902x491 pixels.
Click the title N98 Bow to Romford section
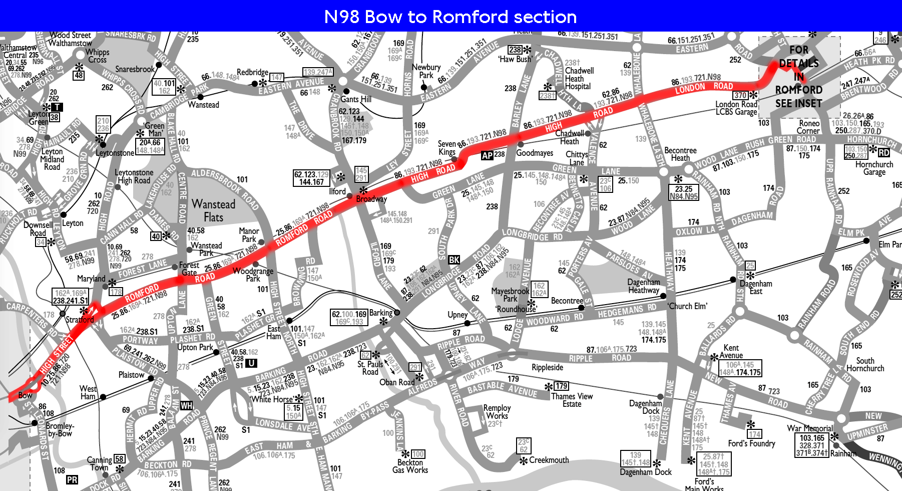[x=450, y=17]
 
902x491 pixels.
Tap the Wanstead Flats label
[x=213, y=210]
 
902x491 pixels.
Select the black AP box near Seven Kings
[x=487, y=156]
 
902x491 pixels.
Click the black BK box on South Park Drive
[x=454, y=260]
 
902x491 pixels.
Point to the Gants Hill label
[x=356, y=99]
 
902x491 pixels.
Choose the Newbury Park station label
[x=426, y=71]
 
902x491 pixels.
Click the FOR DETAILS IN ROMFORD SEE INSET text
[x=798, y=77]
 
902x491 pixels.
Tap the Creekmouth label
[x=549, y=460]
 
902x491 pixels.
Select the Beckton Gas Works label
[x=410, y=466]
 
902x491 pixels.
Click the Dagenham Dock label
[x=646, y=472]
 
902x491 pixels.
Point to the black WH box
[x=186, y=405]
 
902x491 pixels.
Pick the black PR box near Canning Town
[x=72, y=479]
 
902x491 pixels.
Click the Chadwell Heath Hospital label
[x=579, y=79]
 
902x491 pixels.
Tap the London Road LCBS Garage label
[x=736, y=108]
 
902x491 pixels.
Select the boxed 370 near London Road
[x=740, y=95]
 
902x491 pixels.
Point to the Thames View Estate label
[x=572, y=400]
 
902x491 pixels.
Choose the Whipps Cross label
[x=97, y=56]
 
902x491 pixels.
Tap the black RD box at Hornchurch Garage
[x=884, y=152]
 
